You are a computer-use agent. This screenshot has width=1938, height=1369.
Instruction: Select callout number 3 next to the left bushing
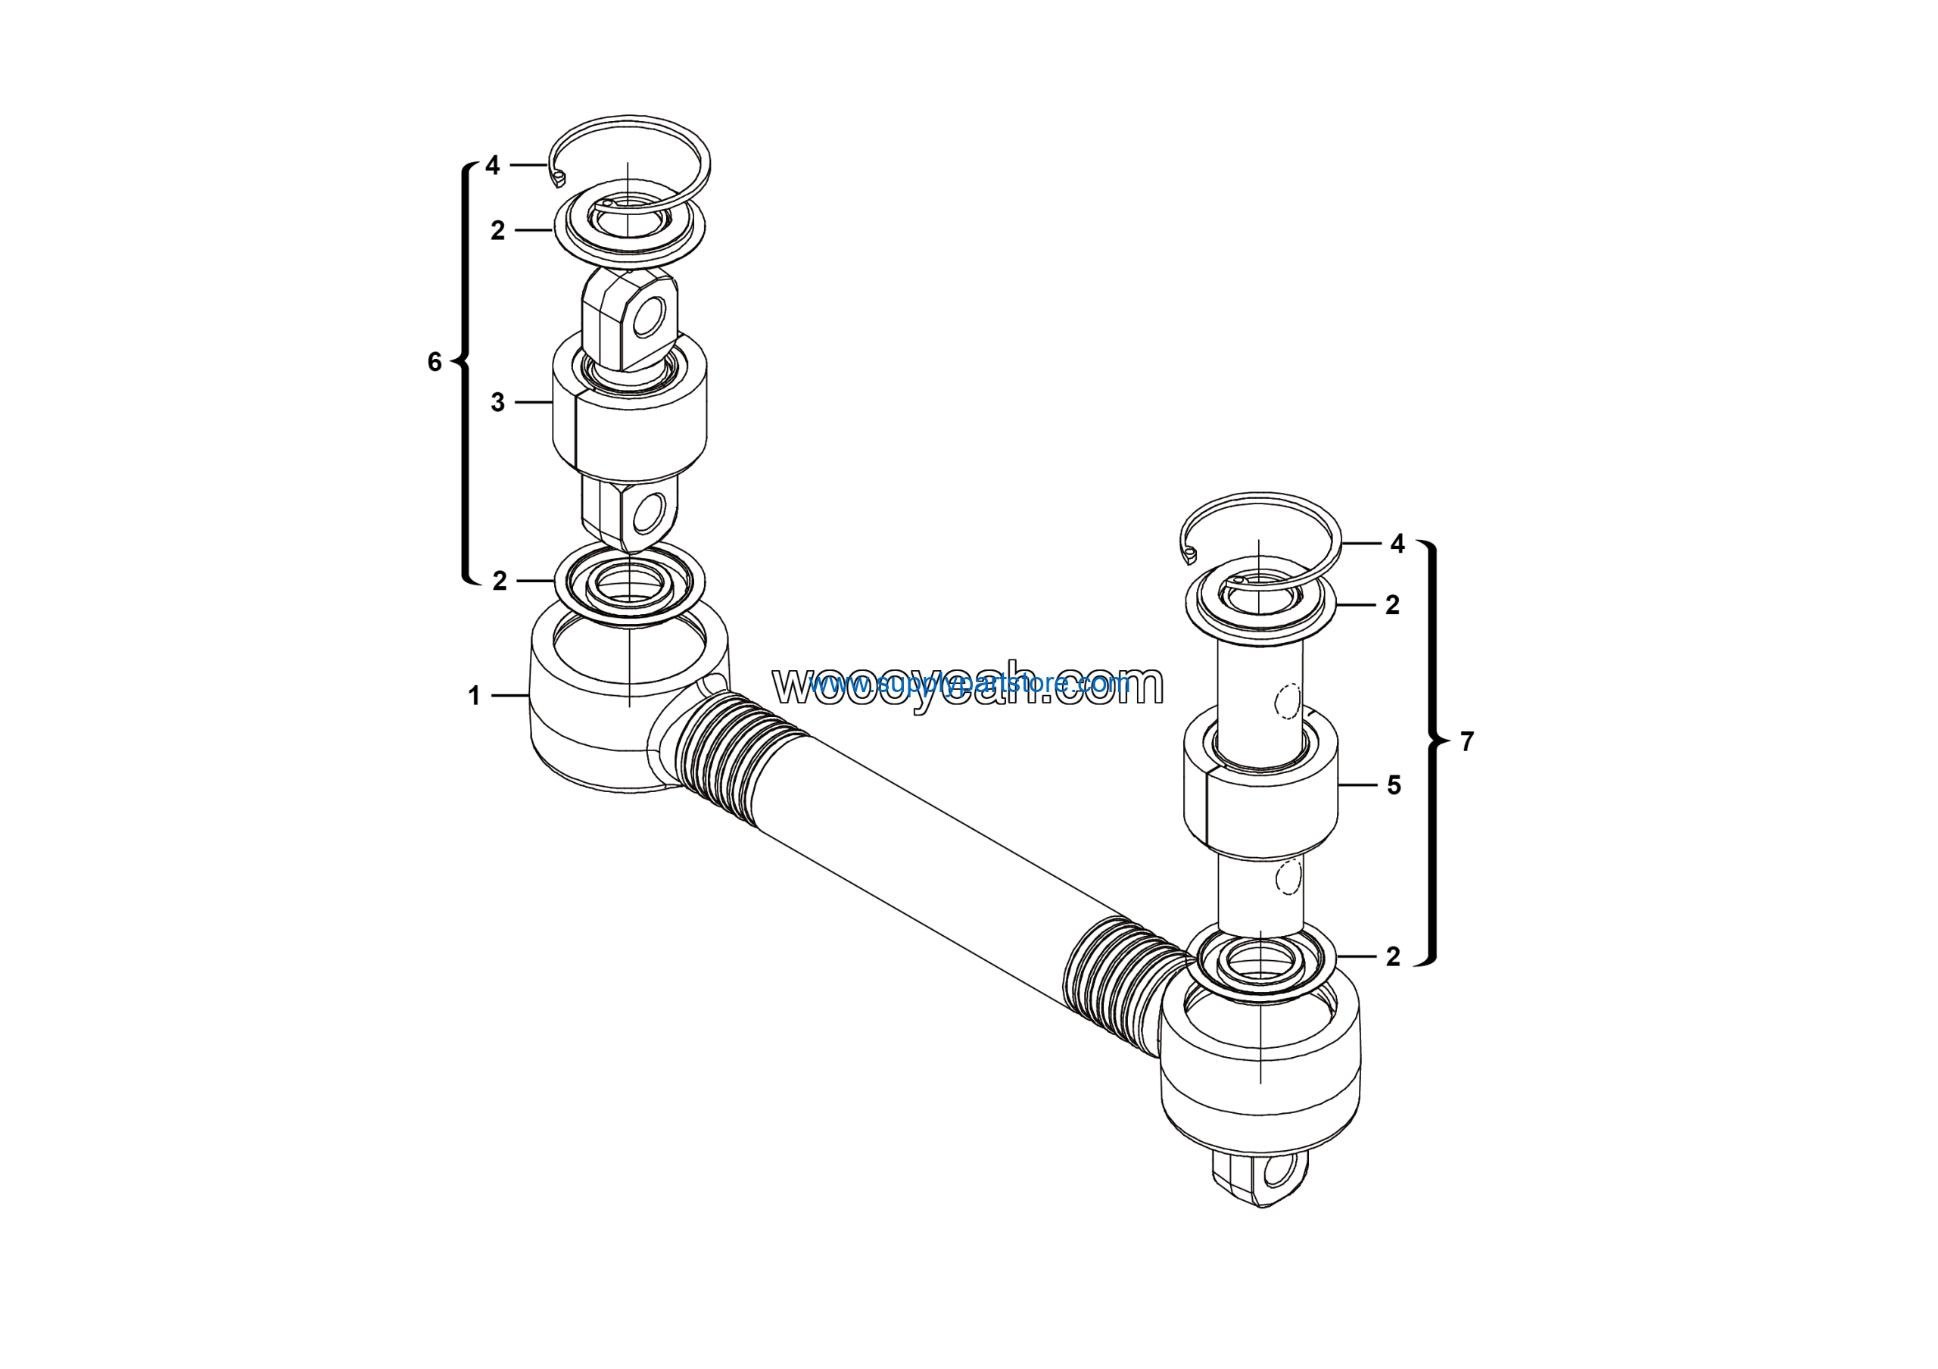tap(498, 403)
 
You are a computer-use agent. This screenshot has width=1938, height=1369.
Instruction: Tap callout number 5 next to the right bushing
tap(1394, 786)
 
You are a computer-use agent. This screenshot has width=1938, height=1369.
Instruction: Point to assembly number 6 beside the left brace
tap(435, 362)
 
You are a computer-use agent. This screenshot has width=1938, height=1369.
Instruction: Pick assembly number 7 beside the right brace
tap(1467, 741)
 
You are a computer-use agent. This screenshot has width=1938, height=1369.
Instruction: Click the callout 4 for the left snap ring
tap(492, 164)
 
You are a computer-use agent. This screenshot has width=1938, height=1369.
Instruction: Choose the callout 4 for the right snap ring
tap(1397, 544)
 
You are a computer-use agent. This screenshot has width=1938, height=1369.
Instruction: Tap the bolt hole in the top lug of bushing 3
tap(649, 320)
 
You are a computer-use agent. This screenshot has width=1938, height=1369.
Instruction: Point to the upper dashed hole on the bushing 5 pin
tap(1287, 700)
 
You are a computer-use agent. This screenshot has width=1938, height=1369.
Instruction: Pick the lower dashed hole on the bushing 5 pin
tap(1288, 878)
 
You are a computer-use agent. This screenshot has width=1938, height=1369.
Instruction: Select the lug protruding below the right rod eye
tap(1260, 1177)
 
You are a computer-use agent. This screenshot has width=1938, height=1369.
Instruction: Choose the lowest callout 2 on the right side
tap(1393, 956)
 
